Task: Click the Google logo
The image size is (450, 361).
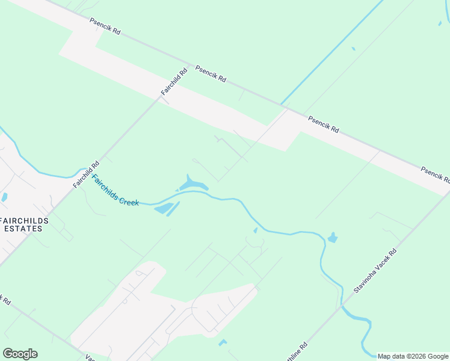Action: pyautogui.click(x=20, y=354)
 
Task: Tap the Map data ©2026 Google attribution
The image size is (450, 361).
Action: pyautogui.click(x=413, y=356)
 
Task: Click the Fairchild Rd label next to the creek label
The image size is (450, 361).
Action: pyautogui.click(x=87, y=174)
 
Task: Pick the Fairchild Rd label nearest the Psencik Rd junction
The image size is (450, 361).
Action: pyautogui.click(x=174, y=81)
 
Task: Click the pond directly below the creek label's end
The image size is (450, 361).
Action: pyautogui.click(x=163, y=209)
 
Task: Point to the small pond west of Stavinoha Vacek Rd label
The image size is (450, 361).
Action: pyautogui.click(x=332, y=238)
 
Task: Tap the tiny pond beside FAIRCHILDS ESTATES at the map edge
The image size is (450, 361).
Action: pyautogui.click(x=4, y=197)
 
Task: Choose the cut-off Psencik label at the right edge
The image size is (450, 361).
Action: pyautogui.click(x=436, y=174)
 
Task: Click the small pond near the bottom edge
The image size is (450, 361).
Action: pyautogui.click(x=223, y=342)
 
